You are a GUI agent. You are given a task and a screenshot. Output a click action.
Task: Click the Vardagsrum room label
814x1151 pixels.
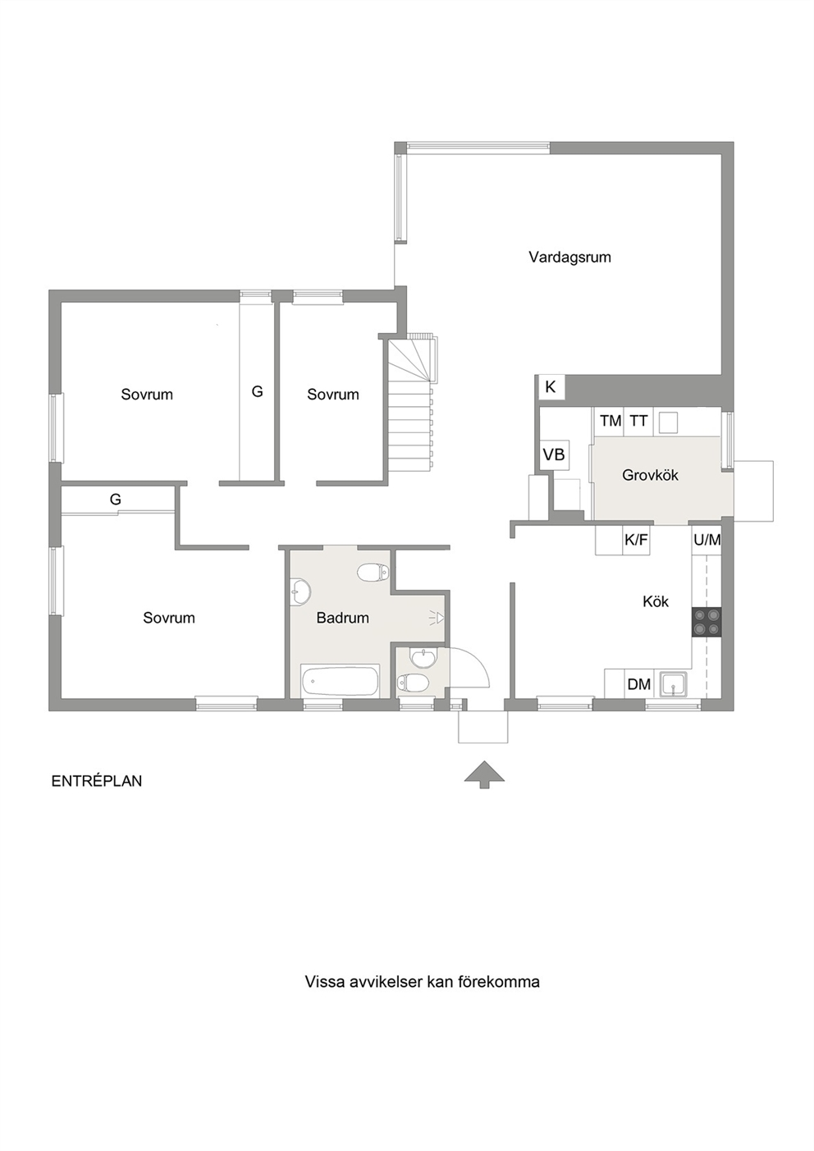(570, 258)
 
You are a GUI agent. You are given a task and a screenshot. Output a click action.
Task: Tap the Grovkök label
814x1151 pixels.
(650, 475)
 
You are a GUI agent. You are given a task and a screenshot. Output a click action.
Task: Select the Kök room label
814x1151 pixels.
(656, 601)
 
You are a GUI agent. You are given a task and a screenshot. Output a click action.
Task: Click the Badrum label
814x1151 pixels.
(343, 618)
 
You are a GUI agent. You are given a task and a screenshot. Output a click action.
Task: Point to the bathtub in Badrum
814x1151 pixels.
(340, 681)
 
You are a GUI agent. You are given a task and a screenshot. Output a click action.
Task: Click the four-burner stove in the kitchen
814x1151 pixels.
(707, 622)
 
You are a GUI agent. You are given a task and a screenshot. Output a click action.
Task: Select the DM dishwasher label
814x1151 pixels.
(639, 684)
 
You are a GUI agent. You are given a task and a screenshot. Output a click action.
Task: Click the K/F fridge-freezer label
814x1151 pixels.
(636, 540)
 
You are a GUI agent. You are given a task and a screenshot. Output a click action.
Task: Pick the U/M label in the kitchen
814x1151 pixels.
(707, 540)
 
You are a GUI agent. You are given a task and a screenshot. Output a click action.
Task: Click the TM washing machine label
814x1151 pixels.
(611, 422)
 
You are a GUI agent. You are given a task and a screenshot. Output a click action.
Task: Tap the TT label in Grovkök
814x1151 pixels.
(638, 422)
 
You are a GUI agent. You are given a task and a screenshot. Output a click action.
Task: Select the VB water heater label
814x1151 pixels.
(554, 454)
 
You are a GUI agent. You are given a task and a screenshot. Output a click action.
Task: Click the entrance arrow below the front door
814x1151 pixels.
(484, 774)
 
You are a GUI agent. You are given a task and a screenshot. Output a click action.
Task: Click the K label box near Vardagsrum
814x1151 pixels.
(551, 387)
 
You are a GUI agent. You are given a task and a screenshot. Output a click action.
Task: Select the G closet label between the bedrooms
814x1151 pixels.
(258, 392)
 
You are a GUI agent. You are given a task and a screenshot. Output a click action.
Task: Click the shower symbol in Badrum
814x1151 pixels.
(438, 617)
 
